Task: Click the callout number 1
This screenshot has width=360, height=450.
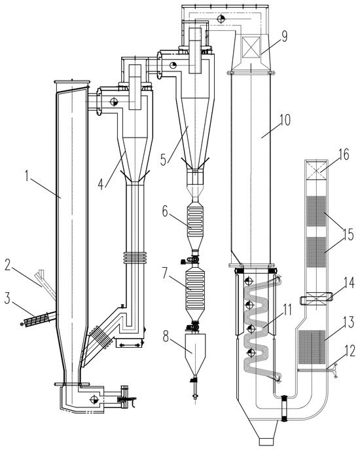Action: [27, 176]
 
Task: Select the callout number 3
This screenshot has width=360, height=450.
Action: [8, 299]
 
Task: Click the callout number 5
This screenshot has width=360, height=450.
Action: [163, 160]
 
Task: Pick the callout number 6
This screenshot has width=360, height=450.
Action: [165, 212]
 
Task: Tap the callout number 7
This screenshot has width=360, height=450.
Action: [164, 273]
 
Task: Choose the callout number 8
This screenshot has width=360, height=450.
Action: [166, 337]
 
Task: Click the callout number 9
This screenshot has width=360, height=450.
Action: [284, 37]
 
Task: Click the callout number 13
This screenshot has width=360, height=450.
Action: [348, 322]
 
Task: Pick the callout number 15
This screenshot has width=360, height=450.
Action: [348, 235]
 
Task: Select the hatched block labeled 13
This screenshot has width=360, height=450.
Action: [312, 346]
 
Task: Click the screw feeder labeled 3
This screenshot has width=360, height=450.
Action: [39, 319]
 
